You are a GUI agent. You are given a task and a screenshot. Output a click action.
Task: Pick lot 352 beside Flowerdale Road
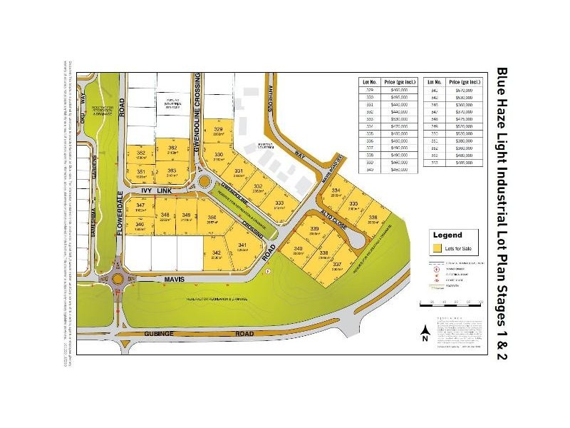(x=141, y=155)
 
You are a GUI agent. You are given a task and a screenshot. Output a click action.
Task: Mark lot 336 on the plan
(x=372, y=219)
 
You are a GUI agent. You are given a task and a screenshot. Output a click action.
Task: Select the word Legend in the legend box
(x=447, y=235)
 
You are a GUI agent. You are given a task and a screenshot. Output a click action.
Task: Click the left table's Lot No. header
(x=368, y=82)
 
